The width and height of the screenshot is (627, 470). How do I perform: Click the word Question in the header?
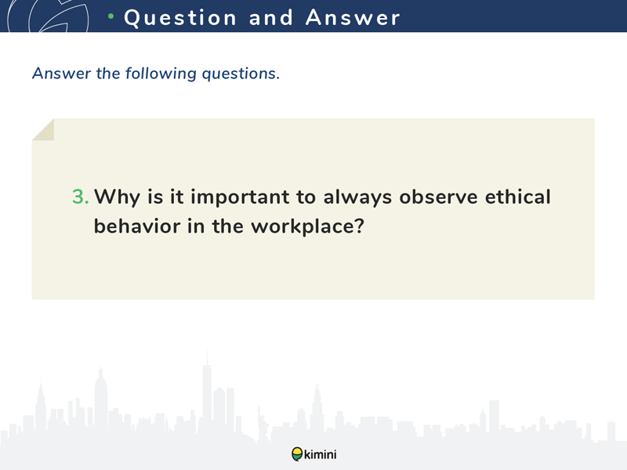[x=180, y=18]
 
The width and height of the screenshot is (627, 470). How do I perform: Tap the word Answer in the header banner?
[x=353, y=17]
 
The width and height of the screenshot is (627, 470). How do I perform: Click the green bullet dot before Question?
[x=111, y=16]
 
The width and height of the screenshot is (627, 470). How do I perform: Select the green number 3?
[x=80, y=197]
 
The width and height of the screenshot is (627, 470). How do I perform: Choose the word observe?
[x=438, y=197]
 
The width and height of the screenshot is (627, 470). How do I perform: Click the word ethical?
[x=518, y=197]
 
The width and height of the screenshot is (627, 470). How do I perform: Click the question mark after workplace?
[x=359, y=226]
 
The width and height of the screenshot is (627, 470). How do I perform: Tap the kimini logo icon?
[x=297, y=454]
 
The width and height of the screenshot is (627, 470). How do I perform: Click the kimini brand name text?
[x=321, y=454]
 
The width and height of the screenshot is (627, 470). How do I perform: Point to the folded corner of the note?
[x=43, y=129]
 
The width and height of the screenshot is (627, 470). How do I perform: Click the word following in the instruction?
[x=161, y=74]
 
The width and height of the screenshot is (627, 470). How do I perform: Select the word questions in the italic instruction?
[x=241, y=74]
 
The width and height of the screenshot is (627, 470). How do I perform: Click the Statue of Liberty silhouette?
[x=262, y=424]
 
